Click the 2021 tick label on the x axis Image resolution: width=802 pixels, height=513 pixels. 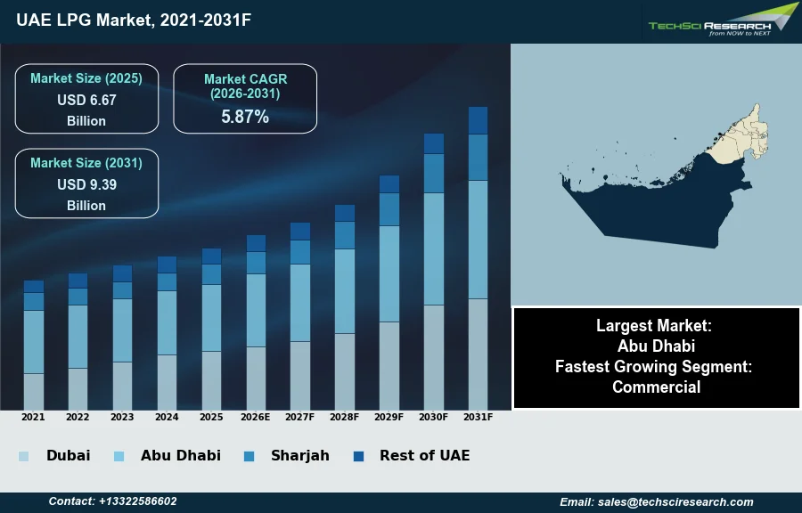[33, 417]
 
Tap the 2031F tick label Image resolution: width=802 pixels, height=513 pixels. [479, 417]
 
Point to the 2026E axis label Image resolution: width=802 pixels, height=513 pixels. [256, 417]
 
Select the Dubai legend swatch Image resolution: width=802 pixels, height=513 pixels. [23, 456]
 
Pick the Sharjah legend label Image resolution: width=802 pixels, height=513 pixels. [300, 455]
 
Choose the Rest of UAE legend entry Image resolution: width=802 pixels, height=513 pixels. [424, 455]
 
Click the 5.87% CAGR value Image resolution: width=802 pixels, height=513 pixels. [245, 117]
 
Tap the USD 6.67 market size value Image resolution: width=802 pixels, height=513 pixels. [86, 101]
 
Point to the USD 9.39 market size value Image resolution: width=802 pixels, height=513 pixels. [86, 185]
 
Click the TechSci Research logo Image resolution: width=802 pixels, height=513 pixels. [722, 21]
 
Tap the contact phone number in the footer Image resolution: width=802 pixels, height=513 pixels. [112, 501]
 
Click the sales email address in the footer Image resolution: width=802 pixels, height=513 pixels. [657, 501]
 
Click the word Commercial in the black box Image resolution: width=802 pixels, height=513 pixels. [656, 387]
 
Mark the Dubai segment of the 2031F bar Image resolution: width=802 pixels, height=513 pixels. [479, 354]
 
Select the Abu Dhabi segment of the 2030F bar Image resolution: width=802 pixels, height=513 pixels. [434, 249]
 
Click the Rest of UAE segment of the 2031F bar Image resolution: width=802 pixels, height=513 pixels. [479, 120]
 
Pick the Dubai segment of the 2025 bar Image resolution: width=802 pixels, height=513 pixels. [211, 380]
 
